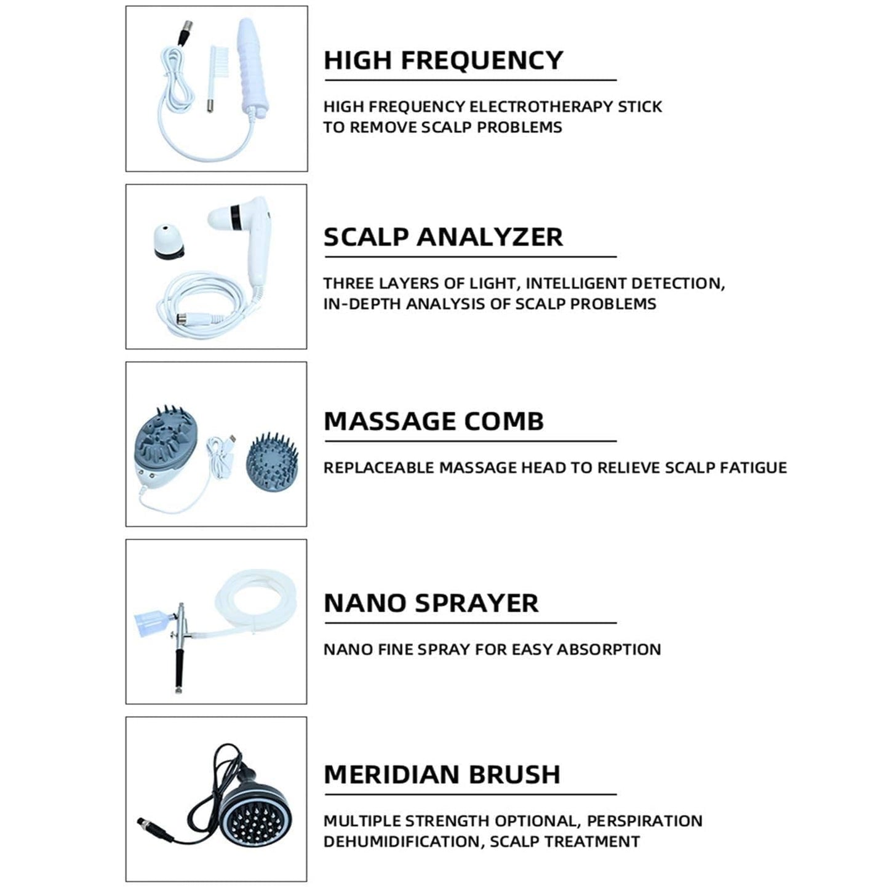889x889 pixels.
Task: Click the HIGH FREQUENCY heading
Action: click(x=443, y=60)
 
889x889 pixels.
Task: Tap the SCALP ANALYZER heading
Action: click(x=443, y=237)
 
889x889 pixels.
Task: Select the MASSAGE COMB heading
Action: click(x=434, y=421)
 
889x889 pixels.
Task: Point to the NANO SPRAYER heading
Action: click(x=431, y=603)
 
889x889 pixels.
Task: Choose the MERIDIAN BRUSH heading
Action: click(x=442, y=774)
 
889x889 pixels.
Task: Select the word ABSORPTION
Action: click(x=608, y=649)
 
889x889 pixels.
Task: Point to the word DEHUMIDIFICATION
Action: click(x=403, y=841)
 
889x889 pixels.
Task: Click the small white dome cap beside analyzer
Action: click(x=167, y=241)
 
